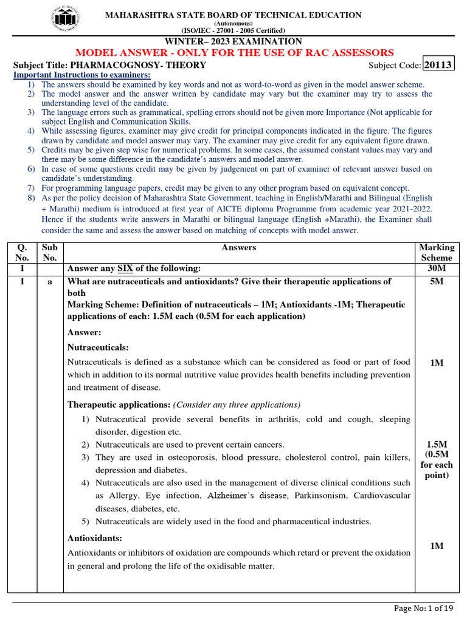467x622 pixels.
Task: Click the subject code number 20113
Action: (438, 65)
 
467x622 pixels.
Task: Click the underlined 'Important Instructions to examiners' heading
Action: (82, 75)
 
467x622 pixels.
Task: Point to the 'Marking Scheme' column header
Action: (437, 252)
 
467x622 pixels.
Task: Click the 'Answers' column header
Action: (239, 247)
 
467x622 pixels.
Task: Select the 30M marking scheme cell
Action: (437, 268)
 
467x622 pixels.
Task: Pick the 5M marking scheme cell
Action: (437, 282)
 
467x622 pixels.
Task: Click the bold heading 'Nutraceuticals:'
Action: (98, 347)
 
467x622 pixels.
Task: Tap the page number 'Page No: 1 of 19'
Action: (424, 608)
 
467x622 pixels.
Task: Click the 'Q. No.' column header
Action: (22, 252)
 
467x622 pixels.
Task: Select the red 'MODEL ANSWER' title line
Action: (234, 53)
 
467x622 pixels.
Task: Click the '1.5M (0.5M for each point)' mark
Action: (437, 460)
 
